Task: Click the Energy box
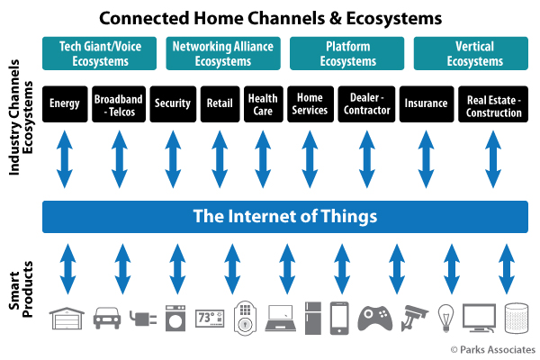65,104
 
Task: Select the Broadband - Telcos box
119,104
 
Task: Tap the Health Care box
264,104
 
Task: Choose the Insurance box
427,104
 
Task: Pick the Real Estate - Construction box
493,104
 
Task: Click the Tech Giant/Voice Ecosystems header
100,53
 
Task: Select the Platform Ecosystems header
346,53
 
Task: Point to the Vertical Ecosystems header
471,53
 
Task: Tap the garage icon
67,319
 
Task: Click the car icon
107,318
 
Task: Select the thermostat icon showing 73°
210,318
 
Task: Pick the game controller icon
375,319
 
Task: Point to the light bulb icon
445,318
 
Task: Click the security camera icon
414,318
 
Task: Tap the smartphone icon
339,319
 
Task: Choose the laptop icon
280,319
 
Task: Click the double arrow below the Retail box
220,159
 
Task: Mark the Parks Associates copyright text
493,350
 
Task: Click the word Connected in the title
144,18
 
